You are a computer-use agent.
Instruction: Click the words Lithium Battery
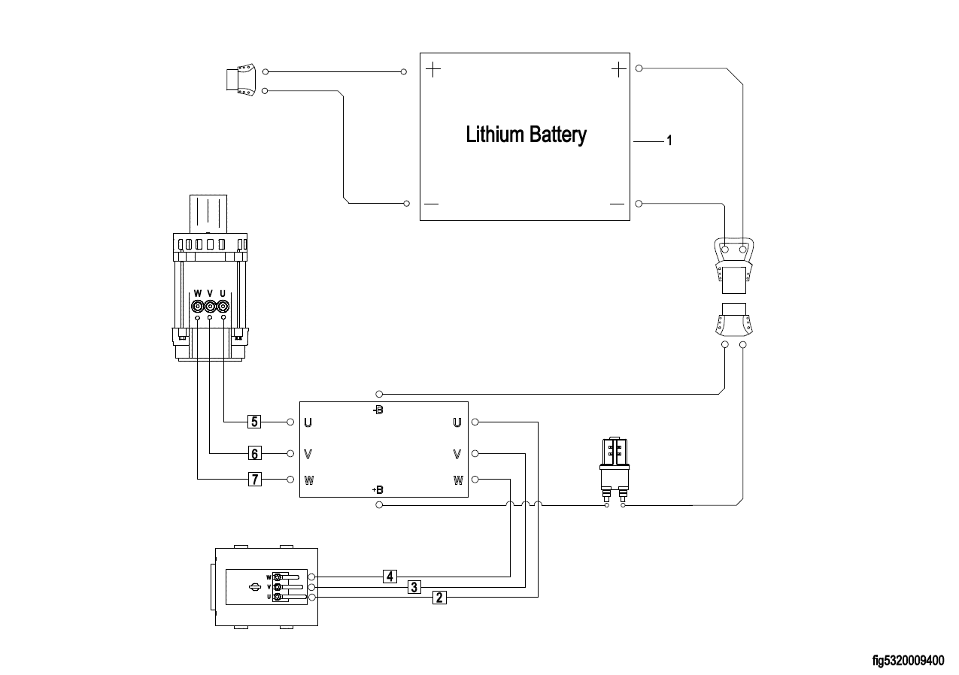pyautogui.click(x=526, y=135)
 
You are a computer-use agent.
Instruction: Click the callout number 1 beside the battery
pyautogui.click(x=669, y=141)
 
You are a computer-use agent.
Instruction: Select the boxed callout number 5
pyautogui.click(x=255, y=422)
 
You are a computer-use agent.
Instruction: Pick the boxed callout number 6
pyautogui.click(x=255, y=453)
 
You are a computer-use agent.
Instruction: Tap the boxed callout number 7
pyautogui.click(x=255, y=479)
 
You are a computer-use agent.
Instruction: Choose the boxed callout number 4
pyautogui.click(x=389, y=577)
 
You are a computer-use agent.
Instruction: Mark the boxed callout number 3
pyautogui.click(x=414, y=587)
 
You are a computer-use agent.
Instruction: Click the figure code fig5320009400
pyautogui.click(x=908, y=661)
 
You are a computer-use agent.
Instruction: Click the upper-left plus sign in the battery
pyautogui.click(x=434, y=71)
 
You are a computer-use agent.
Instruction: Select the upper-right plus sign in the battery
pyautogui.click(x=618, y=70)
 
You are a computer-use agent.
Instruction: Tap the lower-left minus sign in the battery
pyautogui.click(x=432, y=204)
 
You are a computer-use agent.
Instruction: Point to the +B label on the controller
pyautogui.click(x=378, y=490)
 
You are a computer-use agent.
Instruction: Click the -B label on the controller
pyautogui.click(x=378, y=410)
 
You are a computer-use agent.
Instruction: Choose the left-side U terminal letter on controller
pyautogui.click(x=308, y=422)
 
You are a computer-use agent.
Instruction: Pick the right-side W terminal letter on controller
pyautogui.click(x=458, y=480)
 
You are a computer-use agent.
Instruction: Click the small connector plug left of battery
pyautogui.click(x=241, y=81)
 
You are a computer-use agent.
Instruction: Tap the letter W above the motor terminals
pyautogui.click(x=198, y=293)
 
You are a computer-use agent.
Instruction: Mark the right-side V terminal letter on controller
pyautogui.click(x=457, y=454)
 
